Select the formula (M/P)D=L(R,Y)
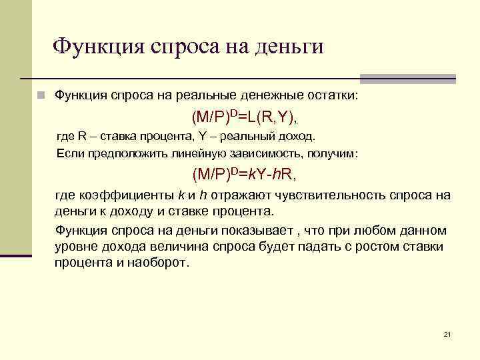point(244,117)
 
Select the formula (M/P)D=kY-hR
point(244,175)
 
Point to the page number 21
point(447,334)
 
